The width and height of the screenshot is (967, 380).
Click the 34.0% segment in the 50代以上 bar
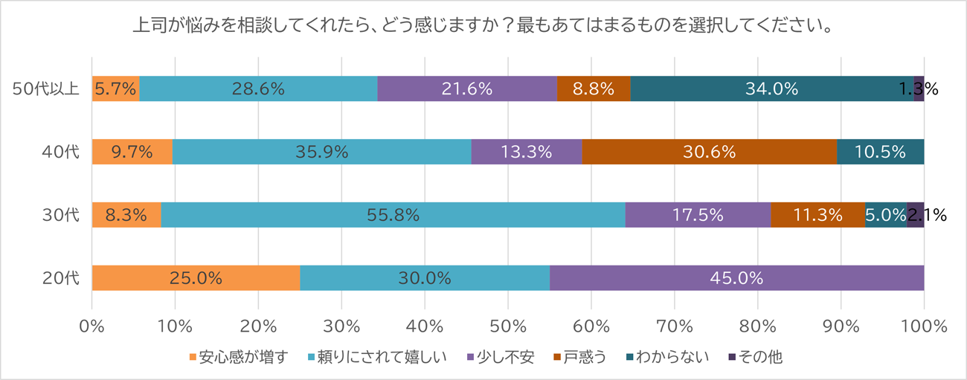[x=772, y=88]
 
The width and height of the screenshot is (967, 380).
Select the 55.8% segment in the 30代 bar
[x=393, y=215]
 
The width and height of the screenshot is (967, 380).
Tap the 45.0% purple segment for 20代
[x=736, y=278]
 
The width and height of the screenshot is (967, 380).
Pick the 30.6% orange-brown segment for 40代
[x=709, y=152]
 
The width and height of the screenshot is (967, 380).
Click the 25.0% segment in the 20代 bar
[x=196, y=278]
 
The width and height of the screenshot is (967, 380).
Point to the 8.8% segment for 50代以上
[x=594, y=88]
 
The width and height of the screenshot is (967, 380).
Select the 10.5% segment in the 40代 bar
[x=881, y=152]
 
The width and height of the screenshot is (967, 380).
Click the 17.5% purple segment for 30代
[x=698, y=215]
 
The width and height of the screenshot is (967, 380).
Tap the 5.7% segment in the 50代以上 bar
[x=115, y=88]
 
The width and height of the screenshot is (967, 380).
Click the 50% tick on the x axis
[x=507, y=325]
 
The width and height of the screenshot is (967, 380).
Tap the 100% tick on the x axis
[x=923, y=325]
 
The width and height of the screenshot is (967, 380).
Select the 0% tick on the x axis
[x=91, y=325]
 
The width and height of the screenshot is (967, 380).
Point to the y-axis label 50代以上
[x=46, y=89]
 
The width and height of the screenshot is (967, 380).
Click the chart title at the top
[x=482, y=26]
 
